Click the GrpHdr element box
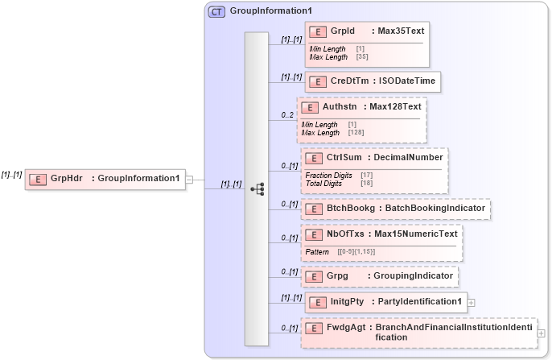pos(105,178)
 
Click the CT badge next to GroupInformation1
pos(217,12)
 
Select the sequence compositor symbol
pos(257,189)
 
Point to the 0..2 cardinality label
pos(287,115)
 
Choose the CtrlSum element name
pos(343,157)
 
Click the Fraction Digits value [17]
pos(366,175)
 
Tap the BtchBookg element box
pos(395,209)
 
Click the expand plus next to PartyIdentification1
pos(471,303)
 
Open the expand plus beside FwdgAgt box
pos(541,333)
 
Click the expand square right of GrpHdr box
pos(189,179)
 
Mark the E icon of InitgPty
pos(318,302)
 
